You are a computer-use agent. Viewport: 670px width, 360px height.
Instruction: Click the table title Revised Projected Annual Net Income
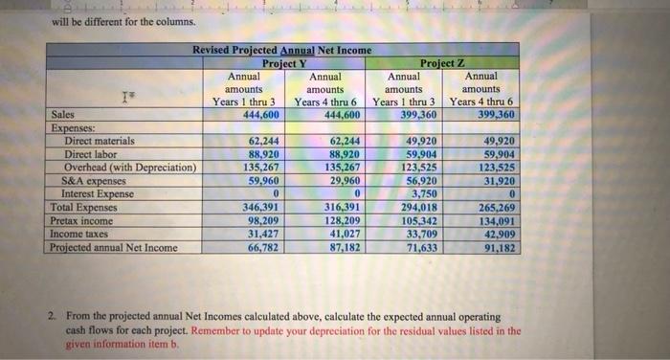(282, 50)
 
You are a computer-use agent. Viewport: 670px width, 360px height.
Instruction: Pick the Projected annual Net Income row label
(113, 247)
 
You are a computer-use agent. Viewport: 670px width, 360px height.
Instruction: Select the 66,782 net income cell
(261, 247)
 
